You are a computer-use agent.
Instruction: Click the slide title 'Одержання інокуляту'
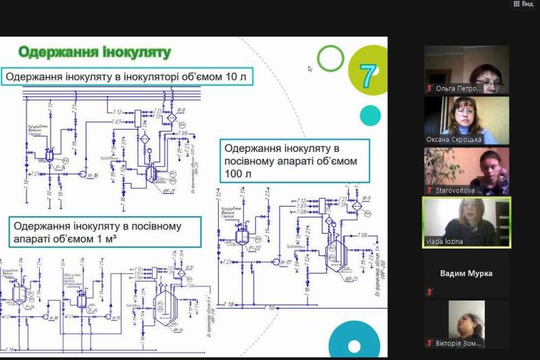pyautogui.click(x=94, y=52)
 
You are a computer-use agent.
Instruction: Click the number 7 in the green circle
pyautogui.click(x=368, y=76)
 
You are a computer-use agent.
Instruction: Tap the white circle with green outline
pyautogui.click(x=330, y=58)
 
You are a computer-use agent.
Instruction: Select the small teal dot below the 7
pyautogui.click(x=370, y=115)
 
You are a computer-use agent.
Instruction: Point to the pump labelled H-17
pyautogui.click(x=275, y=260)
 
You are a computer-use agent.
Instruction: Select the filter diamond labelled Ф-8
pyautogui.click(x=171, y=117)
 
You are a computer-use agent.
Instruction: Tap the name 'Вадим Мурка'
pyautogui.click(x=466, y=274)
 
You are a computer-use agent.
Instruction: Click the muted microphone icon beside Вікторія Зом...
pyautogui.click(x=428, y=343)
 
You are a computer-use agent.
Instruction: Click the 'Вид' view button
pyautogui.click(x=523, y=4)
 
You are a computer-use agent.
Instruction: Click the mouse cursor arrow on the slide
pyautogui.click(x=310, y=68)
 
